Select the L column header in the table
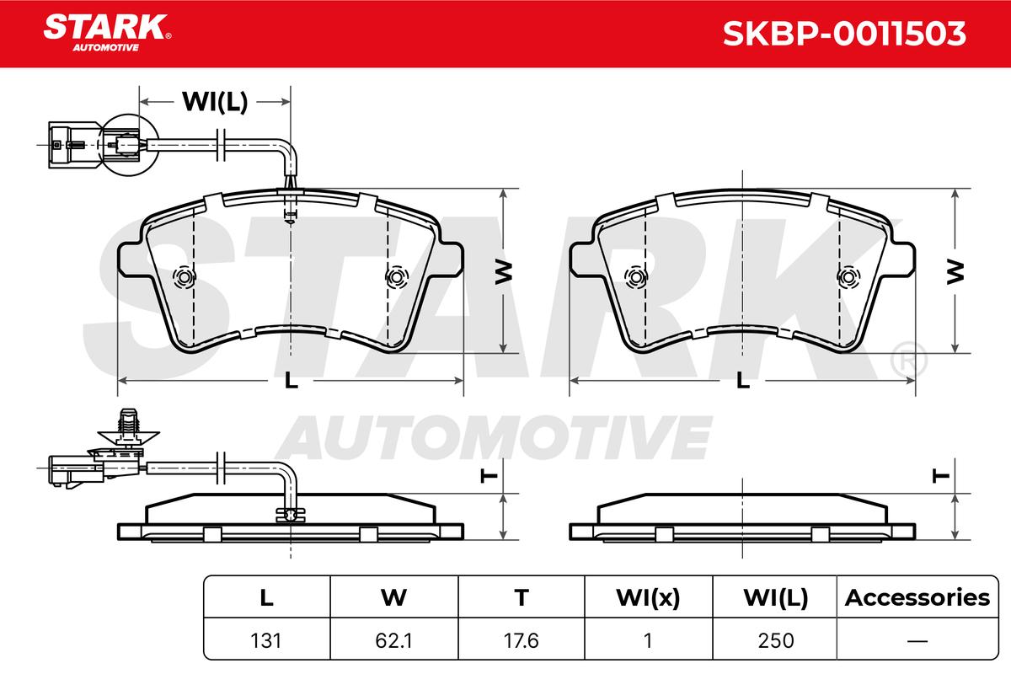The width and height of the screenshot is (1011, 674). click(266, 598)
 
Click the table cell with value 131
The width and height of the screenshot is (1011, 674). click(266, 640)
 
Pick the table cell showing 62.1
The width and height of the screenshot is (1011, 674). click(393, 640)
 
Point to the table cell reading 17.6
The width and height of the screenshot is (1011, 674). click(522, 640)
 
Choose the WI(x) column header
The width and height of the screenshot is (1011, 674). click(648, 598)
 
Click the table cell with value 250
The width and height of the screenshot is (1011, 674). click(776, 640)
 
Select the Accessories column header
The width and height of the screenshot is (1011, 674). click(917, 598)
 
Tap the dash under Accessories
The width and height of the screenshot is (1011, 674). click(917, 640)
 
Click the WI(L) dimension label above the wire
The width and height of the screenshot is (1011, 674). click(215, 102)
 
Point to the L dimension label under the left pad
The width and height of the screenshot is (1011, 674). click(291, 381)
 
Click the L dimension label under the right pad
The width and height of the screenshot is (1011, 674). click(743, 381)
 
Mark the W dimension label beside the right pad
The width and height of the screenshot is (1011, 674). click(955, 271)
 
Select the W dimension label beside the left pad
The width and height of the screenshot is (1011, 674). click(502, 271)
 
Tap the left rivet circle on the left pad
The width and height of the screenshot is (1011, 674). click(184, 277)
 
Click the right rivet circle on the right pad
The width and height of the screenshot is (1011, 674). click(849, 277)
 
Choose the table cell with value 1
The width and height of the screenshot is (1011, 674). click(648, 640)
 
